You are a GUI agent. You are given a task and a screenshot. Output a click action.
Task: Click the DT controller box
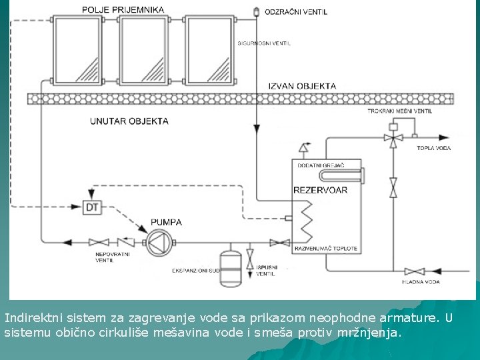tap(91, 207)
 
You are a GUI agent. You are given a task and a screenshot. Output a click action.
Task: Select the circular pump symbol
tap(159, 241)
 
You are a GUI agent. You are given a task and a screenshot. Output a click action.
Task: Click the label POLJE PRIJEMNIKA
tap(123, 10)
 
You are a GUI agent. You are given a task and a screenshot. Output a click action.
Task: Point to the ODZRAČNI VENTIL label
tap(296, 12)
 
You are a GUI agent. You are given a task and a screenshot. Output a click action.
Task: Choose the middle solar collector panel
tap(144, 49)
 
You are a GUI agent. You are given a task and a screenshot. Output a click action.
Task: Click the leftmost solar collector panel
tap(79, 49)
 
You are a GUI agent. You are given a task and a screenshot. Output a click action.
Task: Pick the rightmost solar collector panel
tap(209, 49)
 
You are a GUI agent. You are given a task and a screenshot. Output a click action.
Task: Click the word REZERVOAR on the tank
tap(320, 190)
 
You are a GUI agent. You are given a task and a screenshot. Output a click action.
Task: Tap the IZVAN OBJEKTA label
tap(302, 86)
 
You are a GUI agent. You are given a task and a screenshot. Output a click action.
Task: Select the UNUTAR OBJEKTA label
tap(129, 121)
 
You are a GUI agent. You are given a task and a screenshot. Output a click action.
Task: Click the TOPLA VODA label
tap(433, 148)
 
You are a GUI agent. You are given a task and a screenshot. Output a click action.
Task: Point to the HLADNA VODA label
tap(421, 282)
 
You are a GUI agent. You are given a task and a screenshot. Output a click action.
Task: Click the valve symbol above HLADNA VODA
tap(415, 271)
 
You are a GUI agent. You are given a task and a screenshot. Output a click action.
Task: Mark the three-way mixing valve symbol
tap(393, 138)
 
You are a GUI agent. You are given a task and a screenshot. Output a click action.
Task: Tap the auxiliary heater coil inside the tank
tap(341, 176)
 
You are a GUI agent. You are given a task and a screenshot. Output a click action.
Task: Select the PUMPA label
tap(166, 222)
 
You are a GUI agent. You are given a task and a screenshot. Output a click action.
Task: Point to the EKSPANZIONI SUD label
tap(196, 270)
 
